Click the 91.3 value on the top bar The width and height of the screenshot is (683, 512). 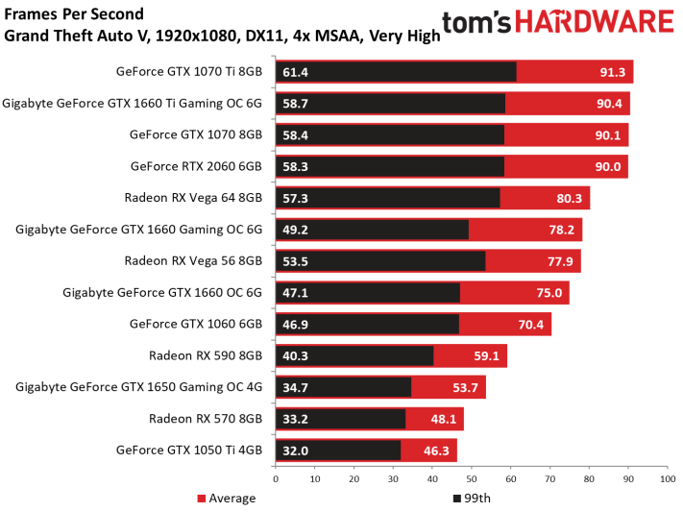[x=613, y=72]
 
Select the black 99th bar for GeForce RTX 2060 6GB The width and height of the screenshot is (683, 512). [x=390, y=166]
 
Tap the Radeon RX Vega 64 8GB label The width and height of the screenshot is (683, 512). [x=193, y=198]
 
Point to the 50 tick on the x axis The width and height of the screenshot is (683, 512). [x=472, y=479]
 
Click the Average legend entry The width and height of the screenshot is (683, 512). [x=227, y=498]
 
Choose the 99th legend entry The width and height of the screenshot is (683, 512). [x=473, y=498]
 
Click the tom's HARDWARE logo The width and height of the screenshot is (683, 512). [x=558, y=22]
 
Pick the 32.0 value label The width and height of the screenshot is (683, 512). [x=295, y=451]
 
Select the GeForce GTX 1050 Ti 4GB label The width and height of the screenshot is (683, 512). [x=189, y=451]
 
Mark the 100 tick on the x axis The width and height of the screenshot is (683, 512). [x=668, y=479]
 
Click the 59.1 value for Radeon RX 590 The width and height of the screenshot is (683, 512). [x=486, y=356]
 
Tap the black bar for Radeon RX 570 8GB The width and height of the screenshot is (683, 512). [x=341, y=419]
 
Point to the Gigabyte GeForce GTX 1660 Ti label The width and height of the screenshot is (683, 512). [x=132, y=104]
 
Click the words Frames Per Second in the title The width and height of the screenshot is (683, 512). [x=74, y=14]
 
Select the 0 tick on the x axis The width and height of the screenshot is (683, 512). [x=276, y=479]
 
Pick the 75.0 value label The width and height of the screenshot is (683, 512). [x=549, y=293]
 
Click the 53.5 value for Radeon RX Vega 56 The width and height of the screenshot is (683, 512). [x=295, y=261]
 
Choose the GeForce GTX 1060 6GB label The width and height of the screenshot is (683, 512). [x=196, y=324]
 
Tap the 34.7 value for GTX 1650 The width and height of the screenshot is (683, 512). [x=295, y=387]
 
